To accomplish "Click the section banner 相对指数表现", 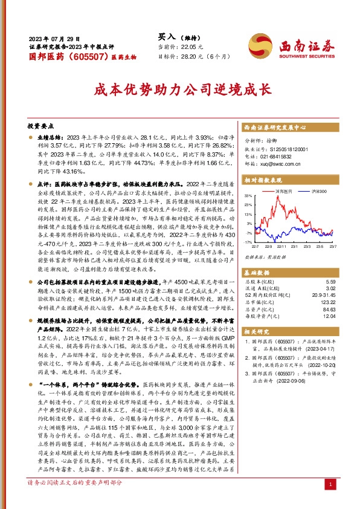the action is (265, 180).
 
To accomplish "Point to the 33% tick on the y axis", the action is (248, 196).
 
